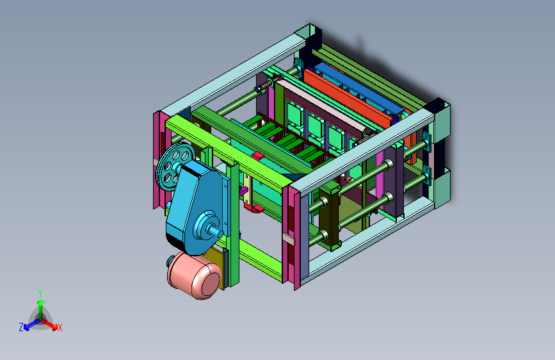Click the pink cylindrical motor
coord(195,275)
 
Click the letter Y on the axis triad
coord(40,293)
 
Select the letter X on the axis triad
coord(60,328)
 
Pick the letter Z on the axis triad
coord(21,327)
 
